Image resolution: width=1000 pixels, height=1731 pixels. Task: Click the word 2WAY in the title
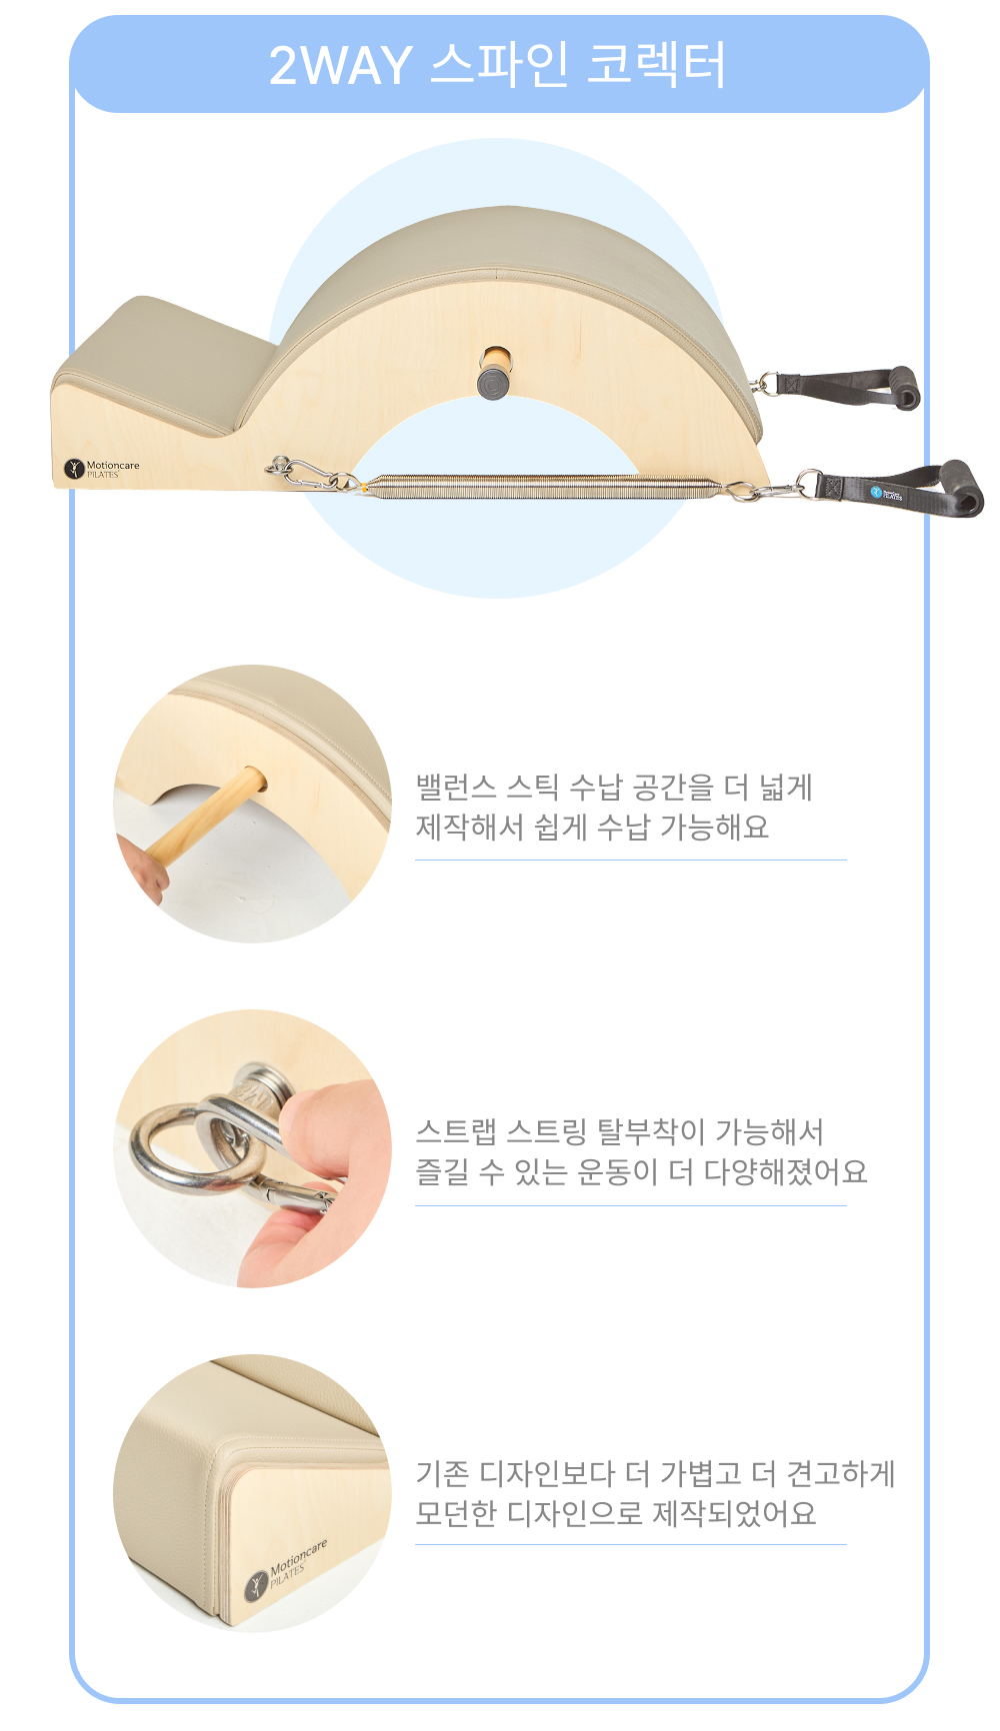click(340, 66)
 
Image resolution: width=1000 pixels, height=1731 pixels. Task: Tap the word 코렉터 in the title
click(655, 65)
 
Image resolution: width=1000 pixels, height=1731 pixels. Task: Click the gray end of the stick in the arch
click(493, 384)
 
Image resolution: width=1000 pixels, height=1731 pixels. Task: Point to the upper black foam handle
click(904, 388)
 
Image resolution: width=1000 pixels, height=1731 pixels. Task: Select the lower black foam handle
click(964, 489)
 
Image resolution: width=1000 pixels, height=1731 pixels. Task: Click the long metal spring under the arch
click(540, 486)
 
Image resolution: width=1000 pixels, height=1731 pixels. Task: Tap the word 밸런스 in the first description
click(456, 788)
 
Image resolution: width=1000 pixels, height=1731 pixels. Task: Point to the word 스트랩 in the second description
click(456, 1132)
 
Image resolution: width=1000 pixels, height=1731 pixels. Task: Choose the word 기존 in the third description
click(442, 1474)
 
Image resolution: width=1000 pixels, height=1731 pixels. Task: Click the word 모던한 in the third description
click(456, 1513)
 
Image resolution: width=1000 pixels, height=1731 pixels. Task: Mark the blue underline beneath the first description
click(631, 860)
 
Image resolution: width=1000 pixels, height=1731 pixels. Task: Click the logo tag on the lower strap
click(885, 493)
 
